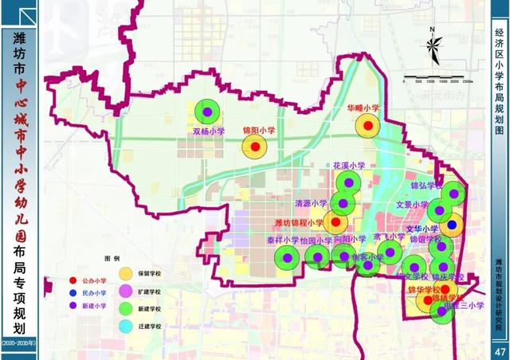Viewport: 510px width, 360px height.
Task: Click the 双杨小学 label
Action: (x=207, y=132)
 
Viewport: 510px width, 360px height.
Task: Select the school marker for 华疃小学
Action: (x=367, y=124)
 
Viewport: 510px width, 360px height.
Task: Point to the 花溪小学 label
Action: (x=349, y=166)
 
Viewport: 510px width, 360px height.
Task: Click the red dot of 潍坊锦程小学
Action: (x=335, y=222)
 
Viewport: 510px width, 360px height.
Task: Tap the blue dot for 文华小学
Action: (x=452, y=225)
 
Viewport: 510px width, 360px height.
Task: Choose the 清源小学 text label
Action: (x=311, y=203)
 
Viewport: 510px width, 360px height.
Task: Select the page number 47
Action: (x=500, y=351)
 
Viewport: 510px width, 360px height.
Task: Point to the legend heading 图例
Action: (x=112, y=259)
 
